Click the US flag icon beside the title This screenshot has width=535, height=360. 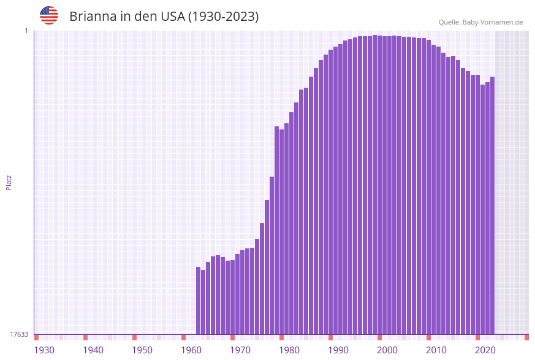tap(49, 15)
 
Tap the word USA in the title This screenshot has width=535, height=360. tap(172, 17)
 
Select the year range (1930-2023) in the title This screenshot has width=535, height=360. tap(223, 17)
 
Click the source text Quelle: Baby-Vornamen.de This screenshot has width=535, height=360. tap(480, 22)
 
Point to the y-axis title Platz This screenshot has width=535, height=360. tap(9, 182)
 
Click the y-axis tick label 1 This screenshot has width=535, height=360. tap(26, 31)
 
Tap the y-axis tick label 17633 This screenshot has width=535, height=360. tap(19, 334)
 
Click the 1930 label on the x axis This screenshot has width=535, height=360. tap(44, 350)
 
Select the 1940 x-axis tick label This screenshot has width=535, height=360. tap(93, 350)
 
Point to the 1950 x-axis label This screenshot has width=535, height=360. tap(142, 350)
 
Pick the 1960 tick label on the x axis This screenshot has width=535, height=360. tap(191, 350)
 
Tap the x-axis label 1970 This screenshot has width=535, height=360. tap(240, 350)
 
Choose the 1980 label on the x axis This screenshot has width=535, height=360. tap(289, 350)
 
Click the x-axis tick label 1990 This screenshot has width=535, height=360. tap(338, 350)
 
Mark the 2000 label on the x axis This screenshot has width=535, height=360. tap(387, 350)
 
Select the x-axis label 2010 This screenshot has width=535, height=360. tap(436, 350)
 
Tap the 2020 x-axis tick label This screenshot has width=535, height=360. tap(485, 350)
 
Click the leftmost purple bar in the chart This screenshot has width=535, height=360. tap(199, 301)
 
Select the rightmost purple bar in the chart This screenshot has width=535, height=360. tap(492, 205)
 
